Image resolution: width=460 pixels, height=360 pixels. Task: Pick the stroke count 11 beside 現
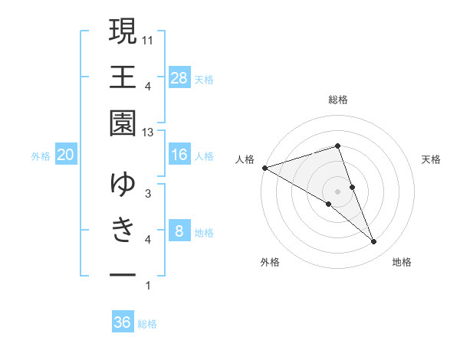(x=148, y=39)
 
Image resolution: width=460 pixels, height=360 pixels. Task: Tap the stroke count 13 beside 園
(x=148, y=133)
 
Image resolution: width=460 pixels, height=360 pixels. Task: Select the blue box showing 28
(x=179, y=77)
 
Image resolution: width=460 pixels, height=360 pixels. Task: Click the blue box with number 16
(x=179, y=155)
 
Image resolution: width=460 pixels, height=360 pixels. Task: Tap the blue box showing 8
(x=179, y=231)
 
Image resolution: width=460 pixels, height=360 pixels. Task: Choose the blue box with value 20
(x=66, y=155)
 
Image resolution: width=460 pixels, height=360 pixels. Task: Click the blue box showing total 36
(x=123, y=322)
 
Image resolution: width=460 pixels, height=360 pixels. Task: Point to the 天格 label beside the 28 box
(x=204, y=79)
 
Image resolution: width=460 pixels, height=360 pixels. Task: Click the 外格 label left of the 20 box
(x=41, y=156)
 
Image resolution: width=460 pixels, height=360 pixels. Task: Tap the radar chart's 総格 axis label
(x=337, y=100)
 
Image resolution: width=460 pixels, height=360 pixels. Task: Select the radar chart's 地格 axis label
(x=402, y=263)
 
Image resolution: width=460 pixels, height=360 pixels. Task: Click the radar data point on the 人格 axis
(x=264, y=167)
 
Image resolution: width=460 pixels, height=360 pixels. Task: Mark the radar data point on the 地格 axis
(x=374, y=242)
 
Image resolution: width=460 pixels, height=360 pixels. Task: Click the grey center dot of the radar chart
(x=337, y=191)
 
